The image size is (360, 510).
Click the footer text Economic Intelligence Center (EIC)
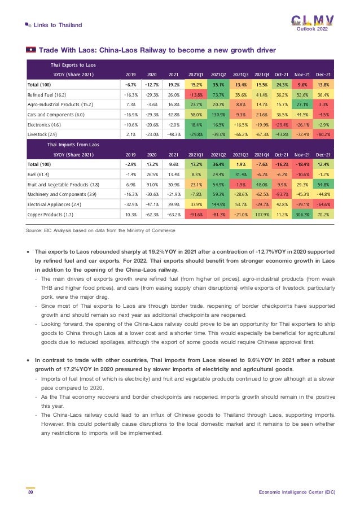tap(297, 492)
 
